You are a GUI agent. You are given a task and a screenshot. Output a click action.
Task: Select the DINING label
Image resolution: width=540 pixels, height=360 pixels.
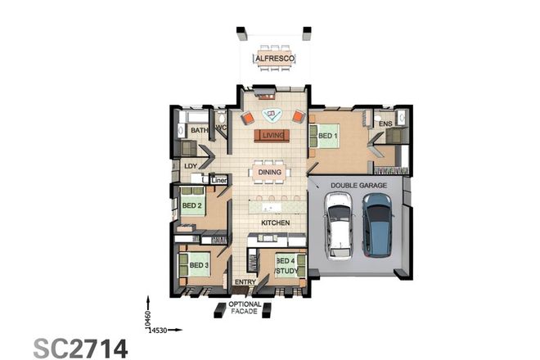tap(270, 173)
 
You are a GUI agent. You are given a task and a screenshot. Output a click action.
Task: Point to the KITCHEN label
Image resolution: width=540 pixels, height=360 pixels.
tap(275, 222)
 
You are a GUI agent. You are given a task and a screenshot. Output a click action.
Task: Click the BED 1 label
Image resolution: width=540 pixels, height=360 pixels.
tap(328, 136)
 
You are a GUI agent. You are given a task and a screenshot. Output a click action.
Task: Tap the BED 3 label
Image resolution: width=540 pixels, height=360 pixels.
tap(200, 265)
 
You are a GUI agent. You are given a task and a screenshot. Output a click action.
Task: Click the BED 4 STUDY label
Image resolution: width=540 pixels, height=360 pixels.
tap(286, 264)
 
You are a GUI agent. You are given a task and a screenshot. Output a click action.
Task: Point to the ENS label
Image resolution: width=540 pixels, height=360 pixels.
tap(385, 124)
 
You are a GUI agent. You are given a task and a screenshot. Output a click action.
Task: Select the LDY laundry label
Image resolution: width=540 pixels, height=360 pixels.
tap(191, 165)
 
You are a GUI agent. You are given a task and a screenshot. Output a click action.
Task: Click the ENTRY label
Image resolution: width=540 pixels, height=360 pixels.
tap(245, 283)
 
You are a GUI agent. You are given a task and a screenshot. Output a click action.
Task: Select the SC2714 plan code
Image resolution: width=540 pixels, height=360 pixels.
tap(80, 347)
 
